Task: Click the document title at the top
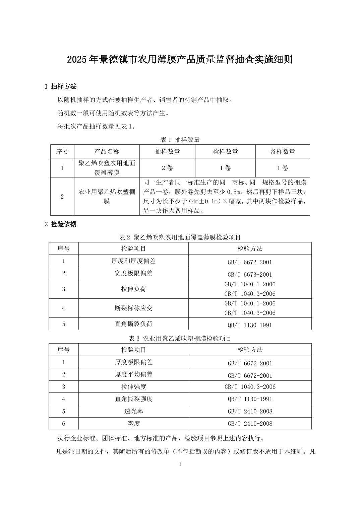click(180, 60)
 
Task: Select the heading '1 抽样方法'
click(61, 87)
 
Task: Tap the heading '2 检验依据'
click(61, 224)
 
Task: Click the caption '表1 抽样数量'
click(180, 139)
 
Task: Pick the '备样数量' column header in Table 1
click(283, 151)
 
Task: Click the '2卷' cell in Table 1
click(167, 168)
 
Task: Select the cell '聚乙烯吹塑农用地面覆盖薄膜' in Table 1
click(107, 168)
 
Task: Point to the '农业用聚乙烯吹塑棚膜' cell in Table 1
click(107, 196)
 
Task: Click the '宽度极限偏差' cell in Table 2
click(133, 273)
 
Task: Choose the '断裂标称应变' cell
click(133, 308)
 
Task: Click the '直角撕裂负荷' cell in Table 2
click(133, 324)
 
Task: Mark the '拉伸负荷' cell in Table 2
click(133, 289)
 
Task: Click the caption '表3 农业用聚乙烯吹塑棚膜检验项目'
click(180, 338)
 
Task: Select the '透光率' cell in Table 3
click(133, 411)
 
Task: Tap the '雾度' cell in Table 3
click(133, 424)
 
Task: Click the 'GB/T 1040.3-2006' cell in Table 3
click(250, 387)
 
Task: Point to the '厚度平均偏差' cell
click(133, 374)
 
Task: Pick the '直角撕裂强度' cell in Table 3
click(133, 399)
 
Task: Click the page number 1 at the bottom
click(180, 464)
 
